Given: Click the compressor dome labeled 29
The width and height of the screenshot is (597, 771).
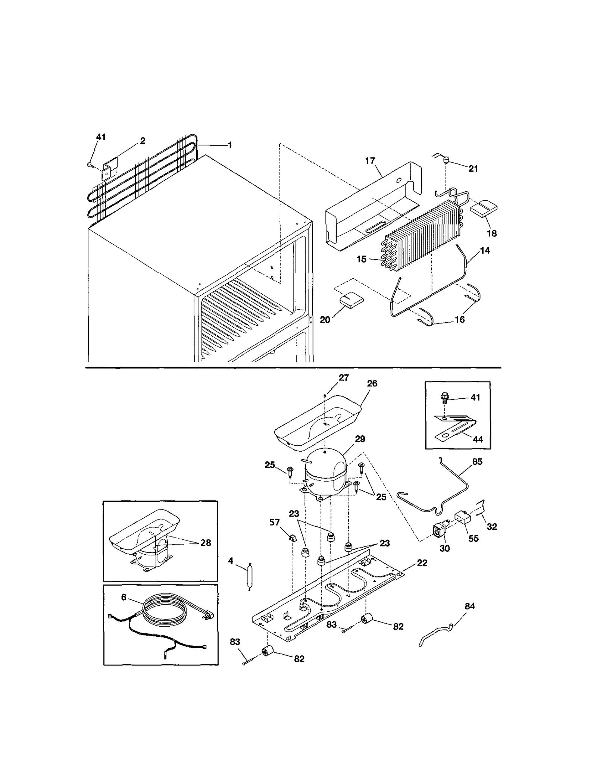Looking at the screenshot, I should click(326, 471).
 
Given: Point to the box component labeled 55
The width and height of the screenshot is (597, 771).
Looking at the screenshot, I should click(462, 518).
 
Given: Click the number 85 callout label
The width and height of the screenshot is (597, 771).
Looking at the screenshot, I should click(477, 462).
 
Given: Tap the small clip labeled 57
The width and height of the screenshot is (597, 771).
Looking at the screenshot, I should click(293, 538).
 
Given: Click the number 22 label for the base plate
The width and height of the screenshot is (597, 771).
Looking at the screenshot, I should click(422, 562).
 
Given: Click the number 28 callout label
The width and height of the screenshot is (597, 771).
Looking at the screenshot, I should click(206, 543).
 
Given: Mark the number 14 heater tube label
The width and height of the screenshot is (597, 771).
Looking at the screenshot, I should click(485, 251).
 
